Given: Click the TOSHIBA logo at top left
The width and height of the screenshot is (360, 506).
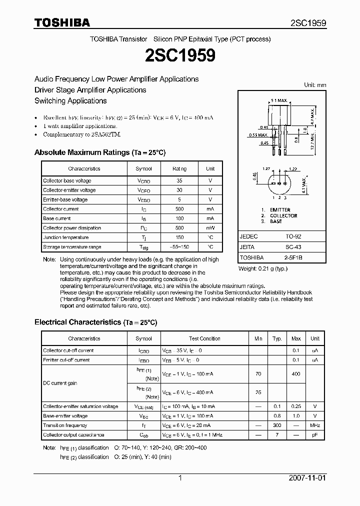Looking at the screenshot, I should point(62,22).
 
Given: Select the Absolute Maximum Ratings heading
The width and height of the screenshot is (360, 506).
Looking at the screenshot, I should point(99,152).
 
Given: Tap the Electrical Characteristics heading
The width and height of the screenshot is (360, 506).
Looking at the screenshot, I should point(95,322).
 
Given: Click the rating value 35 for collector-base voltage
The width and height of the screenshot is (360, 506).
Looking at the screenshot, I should point(179,180).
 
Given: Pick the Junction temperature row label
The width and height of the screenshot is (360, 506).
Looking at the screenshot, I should point(65,237).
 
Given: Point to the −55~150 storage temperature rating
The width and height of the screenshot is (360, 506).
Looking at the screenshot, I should point(179,247).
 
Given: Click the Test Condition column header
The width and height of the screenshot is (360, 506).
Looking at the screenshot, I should point(204,338).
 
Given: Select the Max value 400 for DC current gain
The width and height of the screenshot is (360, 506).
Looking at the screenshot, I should point(296,373).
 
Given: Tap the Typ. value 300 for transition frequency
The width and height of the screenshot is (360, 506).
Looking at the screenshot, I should point(277,425).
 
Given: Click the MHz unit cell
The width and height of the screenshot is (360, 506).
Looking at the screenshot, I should point(315,425).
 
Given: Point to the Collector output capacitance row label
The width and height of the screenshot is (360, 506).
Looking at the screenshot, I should point(73,435).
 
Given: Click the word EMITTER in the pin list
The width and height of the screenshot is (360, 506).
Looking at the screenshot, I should point(280,210).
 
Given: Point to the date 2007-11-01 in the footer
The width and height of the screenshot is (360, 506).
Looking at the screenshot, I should point(306,478).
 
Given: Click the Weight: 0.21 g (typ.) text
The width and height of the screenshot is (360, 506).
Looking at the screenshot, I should point(263,269).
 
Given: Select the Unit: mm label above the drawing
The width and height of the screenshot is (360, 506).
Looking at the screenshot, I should point(314,85).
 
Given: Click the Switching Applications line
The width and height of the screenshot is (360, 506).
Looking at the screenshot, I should point(70,100).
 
